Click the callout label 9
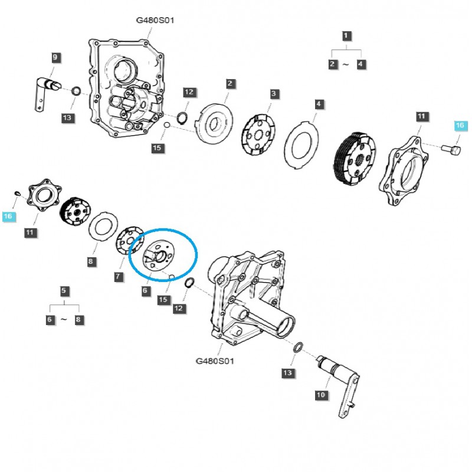pos(55,57)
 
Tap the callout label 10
pos(320,395)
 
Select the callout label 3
pos(274,94)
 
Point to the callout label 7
pos(118,277)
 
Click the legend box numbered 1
pos(346,35)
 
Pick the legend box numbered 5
pos(64,291)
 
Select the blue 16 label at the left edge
pos(8,217)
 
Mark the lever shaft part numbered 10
pos(342,378)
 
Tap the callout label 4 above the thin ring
pos(319,104)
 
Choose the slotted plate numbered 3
pos(259,135)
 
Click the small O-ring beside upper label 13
pos(76,91)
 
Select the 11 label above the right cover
pos(421,116)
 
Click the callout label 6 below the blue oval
pos(146,290)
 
